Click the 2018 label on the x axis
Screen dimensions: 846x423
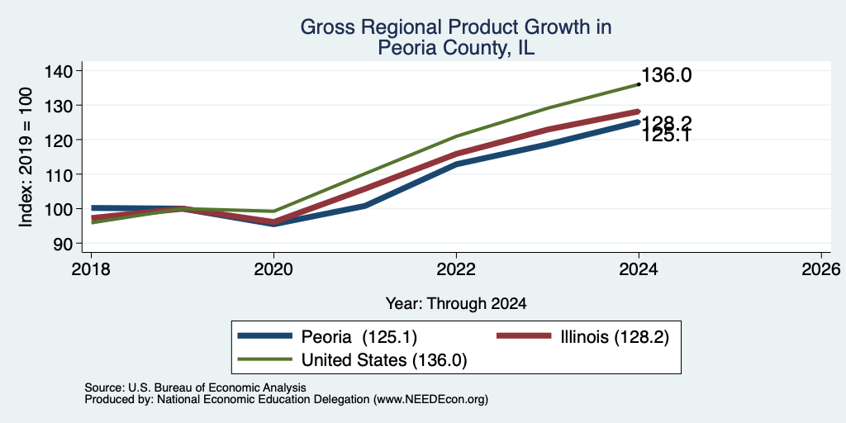pos(91,269)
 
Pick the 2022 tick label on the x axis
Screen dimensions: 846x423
pos(456,269)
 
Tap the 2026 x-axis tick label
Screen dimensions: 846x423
pos(821,269)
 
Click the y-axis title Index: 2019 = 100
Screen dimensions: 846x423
pos(26,156)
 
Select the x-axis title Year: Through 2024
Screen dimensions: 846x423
pos(456,304)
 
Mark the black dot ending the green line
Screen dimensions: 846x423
pos(639,84)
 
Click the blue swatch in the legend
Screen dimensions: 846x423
pos(265,337)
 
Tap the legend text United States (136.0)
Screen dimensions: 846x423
pos(383,360)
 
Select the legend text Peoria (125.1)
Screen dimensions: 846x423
pos(359,337)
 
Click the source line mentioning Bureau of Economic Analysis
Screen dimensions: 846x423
pos(195,387)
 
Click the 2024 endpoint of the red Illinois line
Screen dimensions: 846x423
pos(639,112)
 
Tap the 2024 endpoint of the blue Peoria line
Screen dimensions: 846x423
pos(639,122)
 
